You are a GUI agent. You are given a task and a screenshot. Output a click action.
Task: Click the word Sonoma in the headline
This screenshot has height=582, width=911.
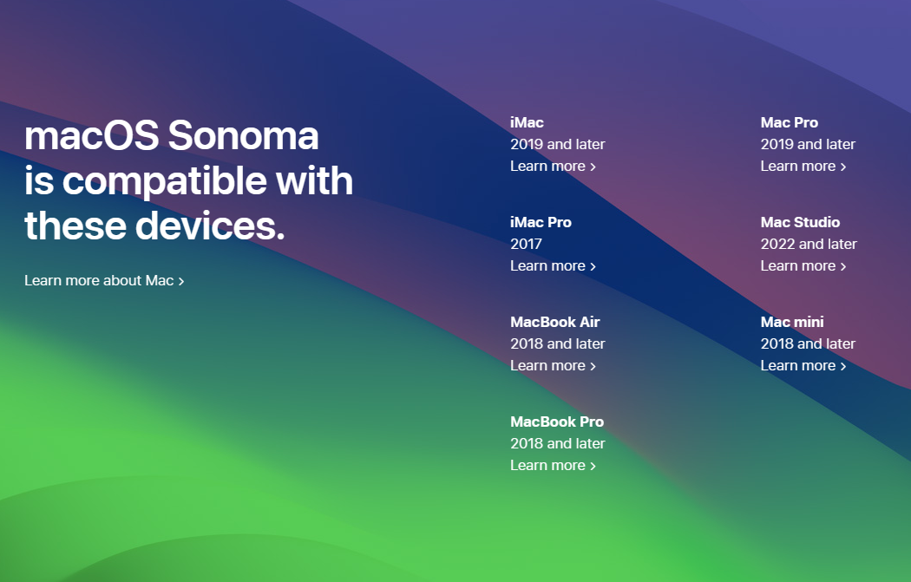tap(243, 136)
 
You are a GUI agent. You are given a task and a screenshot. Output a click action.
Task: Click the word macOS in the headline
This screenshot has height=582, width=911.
tap(91, 136)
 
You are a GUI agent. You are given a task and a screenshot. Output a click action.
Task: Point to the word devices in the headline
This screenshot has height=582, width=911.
tap(209, 226)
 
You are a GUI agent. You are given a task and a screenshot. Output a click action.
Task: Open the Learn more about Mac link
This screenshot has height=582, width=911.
tap(104, 280)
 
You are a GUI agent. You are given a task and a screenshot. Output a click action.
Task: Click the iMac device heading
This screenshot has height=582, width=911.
tap(527, 122)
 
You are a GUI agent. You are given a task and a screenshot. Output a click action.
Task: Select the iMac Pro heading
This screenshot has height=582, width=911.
tap(541, 222)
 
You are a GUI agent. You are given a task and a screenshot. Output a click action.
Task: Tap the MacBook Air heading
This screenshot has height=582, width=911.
tap(554, 322)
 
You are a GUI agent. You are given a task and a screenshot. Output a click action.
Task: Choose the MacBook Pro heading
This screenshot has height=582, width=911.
tap(556, 422)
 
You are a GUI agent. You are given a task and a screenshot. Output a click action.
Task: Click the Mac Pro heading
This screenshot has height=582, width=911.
tap(789, 122)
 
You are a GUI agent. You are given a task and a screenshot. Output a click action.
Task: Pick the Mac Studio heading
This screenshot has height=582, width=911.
tap(800, 222)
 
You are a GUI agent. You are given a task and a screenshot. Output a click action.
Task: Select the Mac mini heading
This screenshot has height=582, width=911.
tap(792, 322)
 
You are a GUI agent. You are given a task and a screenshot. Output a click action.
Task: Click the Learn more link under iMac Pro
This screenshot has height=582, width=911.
tap(553, 265)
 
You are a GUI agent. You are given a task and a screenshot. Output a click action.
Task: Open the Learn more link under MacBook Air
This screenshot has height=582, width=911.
tap(553, 365)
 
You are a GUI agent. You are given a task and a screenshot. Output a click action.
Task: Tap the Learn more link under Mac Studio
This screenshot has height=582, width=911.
tap(803, 265)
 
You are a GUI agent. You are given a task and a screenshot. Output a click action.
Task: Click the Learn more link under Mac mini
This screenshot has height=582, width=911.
tap(803, 365)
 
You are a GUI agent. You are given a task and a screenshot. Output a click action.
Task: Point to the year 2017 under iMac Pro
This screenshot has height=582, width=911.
tap(526, 244)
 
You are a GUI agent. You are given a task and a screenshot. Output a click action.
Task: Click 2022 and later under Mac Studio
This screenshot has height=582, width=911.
tap(809, 244)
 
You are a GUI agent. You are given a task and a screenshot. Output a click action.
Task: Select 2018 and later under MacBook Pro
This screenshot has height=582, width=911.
tap(557, 443)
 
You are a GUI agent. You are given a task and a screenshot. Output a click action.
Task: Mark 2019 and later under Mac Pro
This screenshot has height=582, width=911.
tap(808, 144)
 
